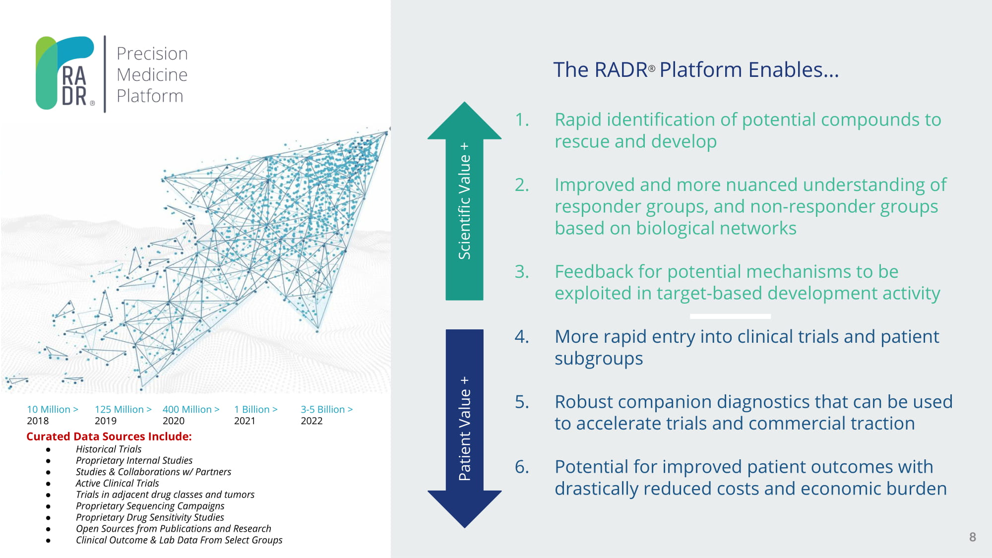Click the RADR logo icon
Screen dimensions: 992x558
click(65, 72)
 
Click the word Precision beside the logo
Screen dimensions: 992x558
click(152, 54)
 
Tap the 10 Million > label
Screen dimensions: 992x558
click(53, 409)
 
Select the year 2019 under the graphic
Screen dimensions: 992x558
click(106, 421)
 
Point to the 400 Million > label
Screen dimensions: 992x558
click(191, 409)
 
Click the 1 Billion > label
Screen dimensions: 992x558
click(256, 409)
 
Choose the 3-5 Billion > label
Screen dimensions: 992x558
click(327, 409)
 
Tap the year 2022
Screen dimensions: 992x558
click(311, 421)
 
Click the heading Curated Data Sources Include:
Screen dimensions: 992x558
click(109, 436)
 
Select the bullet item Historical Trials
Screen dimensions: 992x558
click(109, 449)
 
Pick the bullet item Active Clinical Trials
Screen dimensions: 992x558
click(118, 483)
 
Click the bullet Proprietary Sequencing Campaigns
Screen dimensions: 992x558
click(150, 506)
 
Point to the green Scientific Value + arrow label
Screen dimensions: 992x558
click(464, 201)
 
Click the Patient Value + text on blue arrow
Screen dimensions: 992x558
click(464, 429)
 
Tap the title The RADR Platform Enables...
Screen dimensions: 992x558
click(696, 70)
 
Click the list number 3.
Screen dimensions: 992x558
click(522, 272)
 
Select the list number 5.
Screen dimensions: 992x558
click(522, 402)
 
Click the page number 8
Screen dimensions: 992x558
click(973, 537)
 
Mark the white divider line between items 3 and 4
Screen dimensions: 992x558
click(730, 316)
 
